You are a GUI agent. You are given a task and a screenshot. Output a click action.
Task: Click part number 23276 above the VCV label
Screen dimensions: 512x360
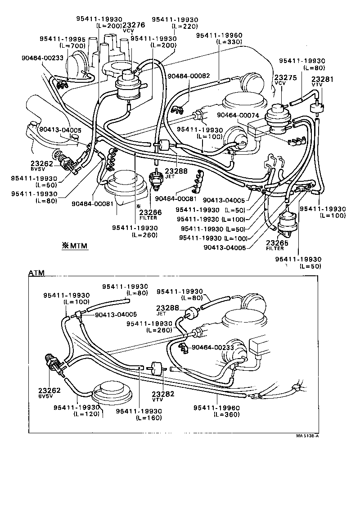click(x=134, y=26)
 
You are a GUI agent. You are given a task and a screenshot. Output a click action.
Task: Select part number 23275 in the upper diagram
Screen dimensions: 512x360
click(x=285, y=77)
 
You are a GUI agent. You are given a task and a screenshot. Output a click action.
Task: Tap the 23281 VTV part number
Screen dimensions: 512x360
click(x=322, y=79)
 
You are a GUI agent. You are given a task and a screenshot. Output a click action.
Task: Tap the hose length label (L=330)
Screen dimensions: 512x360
click(x=229, y=42)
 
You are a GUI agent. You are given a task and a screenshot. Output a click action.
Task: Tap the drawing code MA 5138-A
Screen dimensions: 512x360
click(x=310, y=436)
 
